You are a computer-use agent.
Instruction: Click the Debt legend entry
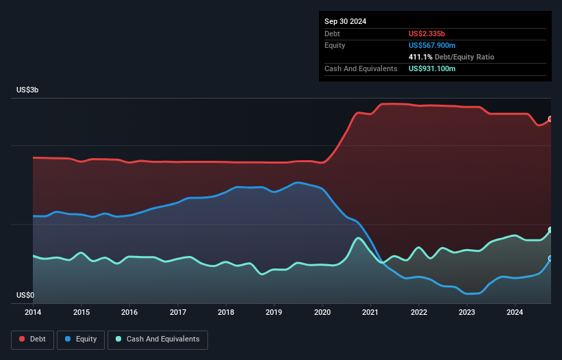(34, 339)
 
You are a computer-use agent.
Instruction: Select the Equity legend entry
(81, 339)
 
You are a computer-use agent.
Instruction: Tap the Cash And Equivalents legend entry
(157, 339)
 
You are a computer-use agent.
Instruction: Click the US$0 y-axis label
(25, 295)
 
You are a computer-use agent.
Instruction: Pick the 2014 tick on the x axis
(33, 313)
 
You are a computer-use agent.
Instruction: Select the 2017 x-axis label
(177, 313)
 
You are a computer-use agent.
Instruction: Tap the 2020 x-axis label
(322, 313)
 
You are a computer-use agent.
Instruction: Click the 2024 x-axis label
(515, 313)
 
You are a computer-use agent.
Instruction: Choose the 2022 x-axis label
(418, 313)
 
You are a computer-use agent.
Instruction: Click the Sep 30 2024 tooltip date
(345, 21)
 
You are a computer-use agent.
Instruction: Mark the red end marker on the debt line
(550, 119)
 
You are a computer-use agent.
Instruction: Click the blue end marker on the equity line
(550, 259)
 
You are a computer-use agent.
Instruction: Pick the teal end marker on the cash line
(550, 230)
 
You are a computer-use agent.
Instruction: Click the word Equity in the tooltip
(335, 45)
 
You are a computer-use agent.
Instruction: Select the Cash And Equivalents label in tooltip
(361, 68)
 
